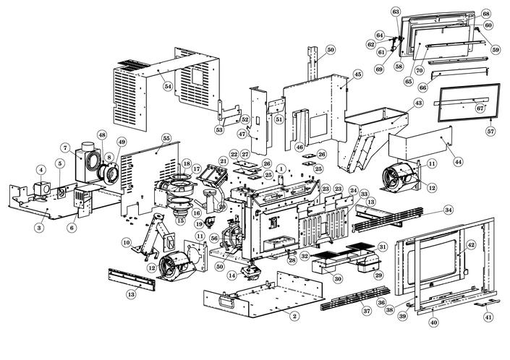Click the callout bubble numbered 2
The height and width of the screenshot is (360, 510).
[x=294, y=316]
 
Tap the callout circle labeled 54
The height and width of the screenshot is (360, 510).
[x=168, y=86]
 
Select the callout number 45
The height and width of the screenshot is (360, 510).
[x=357, y=74]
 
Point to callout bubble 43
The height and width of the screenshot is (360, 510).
[x=418, y=104]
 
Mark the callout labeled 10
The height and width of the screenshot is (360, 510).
[x=127, y=242]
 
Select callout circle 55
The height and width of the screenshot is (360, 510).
[x=166, y=137]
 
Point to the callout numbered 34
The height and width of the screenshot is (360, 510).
[x=449, y=210]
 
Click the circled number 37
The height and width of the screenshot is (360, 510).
[x=367, y=310]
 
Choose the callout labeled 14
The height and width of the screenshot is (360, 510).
[x=232, y=275]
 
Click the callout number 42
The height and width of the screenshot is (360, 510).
[x=471, y=245]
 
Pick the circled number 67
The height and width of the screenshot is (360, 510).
[x=479, y=108]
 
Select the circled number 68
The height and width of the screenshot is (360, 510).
[x=485, y=14]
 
